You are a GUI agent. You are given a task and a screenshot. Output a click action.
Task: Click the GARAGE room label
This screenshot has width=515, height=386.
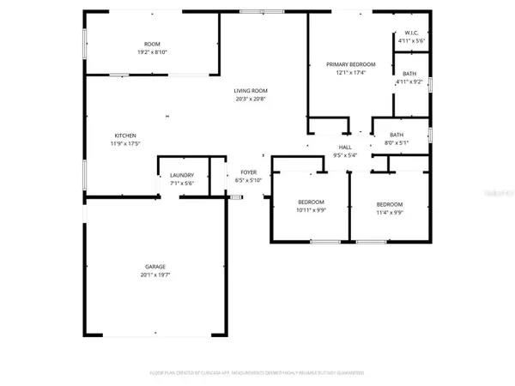[154, 266]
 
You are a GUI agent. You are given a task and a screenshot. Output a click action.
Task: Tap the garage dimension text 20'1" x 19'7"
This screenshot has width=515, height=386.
[154, 275]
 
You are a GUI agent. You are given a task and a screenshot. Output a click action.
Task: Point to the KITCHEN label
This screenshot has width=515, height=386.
[126, 136]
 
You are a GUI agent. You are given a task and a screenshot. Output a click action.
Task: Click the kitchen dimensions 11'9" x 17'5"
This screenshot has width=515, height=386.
[126, 145]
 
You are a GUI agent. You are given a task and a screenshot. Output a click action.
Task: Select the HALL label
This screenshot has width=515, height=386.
[346, 148]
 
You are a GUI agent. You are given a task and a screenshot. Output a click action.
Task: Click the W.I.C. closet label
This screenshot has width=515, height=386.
[409, 33]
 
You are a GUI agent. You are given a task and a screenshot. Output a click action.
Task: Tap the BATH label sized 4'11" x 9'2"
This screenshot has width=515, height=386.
[409, 73]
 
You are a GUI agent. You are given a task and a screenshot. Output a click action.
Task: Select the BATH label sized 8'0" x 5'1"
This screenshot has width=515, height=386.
[397, 135]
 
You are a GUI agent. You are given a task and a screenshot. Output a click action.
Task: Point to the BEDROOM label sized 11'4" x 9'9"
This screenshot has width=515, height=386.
[389, 203]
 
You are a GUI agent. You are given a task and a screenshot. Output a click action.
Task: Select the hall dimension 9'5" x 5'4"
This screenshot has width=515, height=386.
[346, 156]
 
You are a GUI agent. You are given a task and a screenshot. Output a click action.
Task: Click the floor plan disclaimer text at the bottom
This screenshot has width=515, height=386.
[257, 373]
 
